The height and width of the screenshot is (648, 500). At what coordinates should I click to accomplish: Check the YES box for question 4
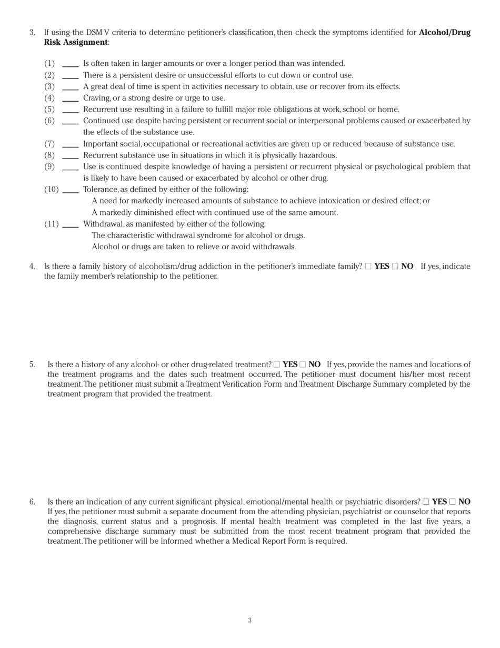tap(368, 267)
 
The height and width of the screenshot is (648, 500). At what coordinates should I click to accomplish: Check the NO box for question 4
tap(395, 267)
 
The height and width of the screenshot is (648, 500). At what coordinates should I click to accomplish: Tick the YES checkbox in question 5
tap(277, 365)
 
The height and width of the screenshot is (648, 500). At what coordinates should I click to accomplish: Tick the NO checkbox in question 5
tap(303, 365)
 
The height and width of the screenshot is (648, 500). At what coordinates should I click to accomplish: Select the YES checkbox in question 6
tap(426, 502)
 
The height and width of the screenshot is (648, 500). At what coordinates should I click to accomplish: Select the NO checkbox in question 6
tap(452, 502)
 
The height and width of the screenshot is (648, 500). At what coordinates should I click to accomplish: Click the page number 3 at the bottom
tap(250, 621)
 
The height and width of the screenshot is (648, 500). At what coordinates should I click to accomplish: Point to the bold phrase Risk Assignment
tap(76, 42)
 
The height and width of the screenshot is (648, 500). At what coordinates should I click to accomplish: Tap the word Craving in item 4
tap(96, 98)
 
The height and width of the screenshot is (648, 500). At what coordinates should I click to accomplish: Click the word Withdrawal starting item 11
tap(103, 224)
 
